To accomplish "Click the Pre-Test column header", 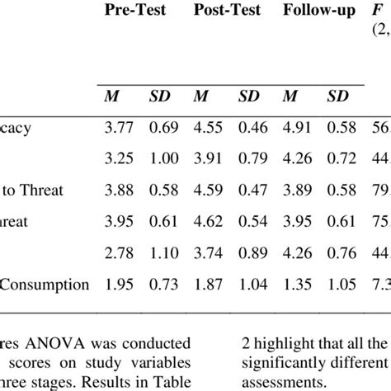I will [135, 12].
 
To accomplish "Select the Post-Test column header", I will [227, 12].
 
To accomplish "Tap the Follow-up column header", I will [318, 12].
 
